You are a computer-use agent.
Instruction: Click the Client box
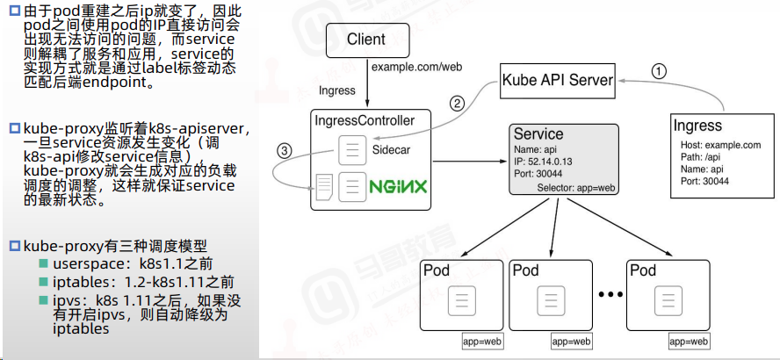(368, 40)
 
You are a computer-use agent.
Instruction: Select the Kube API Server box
(558, 80)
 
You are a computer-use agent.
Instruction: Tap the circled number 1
(658, 72)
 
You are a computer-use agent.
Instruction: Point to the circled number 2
(457, 104)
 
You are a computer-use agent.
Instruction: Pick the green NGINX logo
(398, 187)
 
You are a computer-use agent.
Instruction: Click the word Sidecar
(391, 149)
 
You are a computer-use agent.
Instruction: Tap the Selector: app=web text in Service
(576, 188)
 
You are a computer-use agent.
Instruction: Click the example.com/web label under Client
(417, 67)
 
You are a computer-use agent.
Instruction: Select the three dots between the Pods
(610, 294)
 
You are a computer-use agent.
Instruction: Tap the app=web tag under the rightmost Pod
(689, 342)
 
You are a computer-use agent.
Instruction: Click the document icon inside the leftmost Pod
(462, 299)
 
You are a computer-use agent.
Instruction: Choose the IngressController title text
(365, 120)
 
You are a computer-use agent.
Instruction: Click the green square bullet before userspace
(44, 263)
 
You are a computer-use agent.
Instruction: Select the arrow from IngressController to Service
(469, 162)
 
